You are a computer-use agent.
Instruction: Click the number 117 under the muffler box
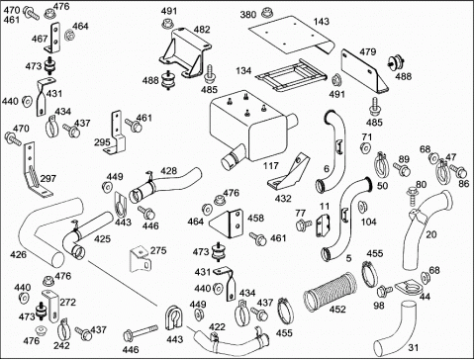click(x=271, y=165)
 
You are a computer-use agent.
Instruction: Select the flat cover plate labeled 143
click(x=290, y=36)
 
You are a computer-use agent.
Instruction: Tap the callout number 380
click(x=248, y=15)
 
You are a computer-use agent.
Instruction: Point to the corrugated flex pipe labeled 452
click(x=331, y=292)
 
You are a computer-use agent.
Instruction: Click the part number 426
click(x=18, y=254)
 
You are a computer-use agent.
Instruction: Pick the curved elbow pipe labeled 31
click(x=395, y=328)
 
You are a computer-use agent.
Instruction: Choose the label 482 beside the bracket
click(x=202, y=30)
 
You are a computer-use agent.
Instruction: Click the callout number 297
click(x=48, y=179)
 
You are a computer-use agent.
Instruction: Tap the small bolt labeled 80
click(x=412, y=196)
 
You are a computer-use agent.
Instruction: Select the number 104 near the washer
click(x=368, y=222)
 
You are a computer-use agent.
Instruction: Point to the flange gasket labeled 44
click(x=407, y=289)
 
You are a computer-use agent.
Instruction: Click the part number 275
click(x=158, y=250)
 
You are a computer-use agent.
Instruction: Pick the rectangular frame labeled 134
click(x=291, y=76)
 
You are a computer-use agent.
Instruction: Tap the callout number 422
click(x=217, y=327)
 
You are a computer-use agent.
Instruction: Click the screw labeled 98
click(x=385, y=291)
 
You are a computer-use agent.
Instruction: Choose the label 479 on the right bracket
click(x=368, y=51)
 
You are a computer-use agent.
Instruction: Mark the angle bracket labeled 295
click(x=117, y=134)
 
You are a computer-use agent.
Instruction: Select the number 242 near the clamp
click(x=61, y=345)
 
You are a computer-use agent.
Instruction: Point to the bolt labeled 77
click(x=304, y=225)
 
